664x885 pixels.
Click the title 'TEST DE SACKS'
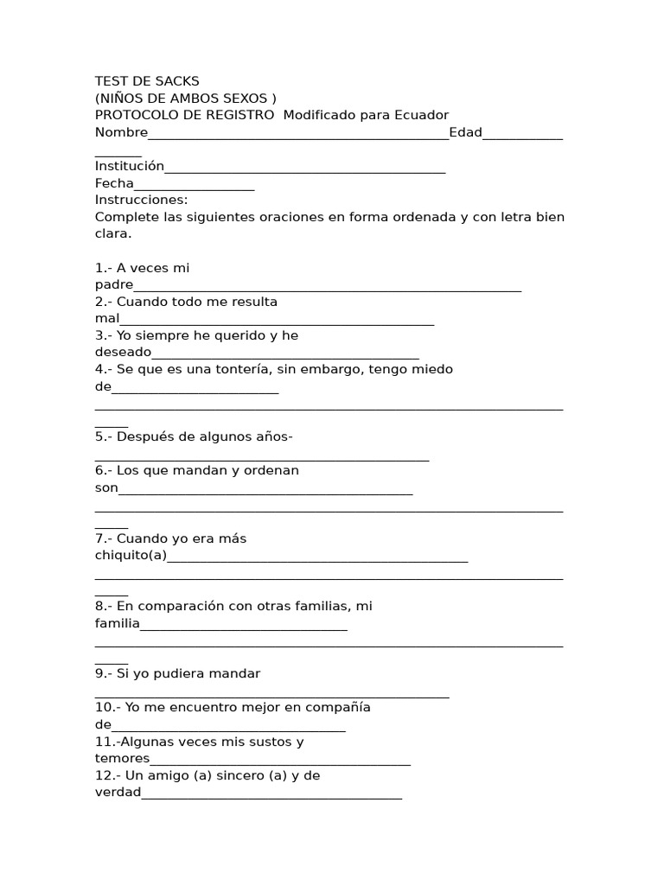[x=147, y=81]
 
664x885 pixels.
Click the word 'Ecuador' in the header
[x=421, y=115]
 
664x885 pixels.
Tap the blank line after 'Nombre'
[x=298, y=135]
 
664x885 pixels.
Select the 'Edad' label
[x=465, y=132]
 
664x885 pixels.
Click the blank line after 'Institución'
[x=305, y=169]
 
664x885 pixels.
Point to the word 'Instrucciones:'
[x=141, y=200]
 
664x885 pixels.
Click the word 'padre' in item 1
[x=114, y=285]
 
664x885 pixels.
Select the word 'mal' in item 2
[x=107, y=319]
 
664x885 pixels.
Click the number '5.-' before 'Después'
[x=104, y=436]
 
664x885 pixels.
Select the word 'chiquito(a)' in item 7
[x=131, y=556]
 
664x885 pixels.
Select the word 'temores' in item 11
[x=122, y=759]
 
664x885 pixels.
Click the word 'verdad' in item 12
[x=118, y=793]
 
